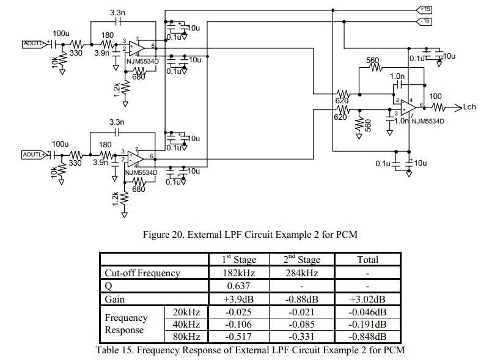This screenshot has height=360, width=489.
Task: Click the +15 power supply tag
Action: (x=424, y=10)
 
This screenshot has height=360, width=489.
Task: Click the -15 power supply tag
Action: (x=424, y=21)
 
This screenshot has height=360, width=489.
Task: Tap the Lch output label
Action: (x=469, y=107)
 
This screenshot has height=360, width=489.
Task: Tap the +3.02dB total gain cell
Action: (x=367, y=299)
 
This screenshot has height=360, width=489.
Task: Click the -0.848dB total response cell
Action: (x=367, y=336)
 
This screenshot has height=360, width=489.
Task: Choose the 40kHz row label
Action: (x=186, y=324)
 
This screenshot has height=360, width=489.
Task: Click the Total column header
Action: (x=367, y=260)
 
